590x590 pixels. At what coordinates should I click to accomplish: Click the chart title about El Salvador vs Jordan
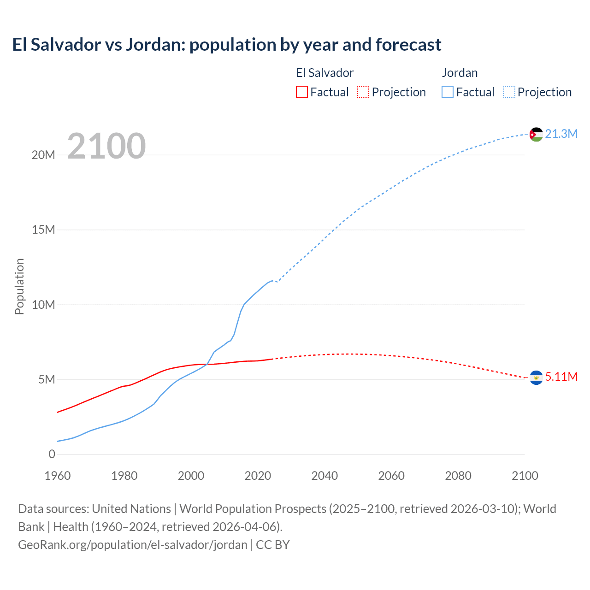(227, 45)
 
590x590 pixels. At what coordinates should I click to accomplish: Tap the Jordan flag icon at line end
(536, 134)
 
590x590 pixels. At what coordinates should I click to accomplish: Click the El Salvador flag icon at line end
(536, 378)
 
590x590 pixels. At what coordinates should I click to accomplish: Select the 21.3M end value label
(561, 134)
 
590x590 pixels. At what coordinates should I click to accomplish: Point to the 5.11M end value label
(561, 377)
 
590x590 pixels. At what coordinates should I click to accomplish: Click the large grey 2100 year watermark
(106, 146)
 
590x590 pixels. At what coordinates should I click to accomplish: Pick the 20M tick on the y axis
(43, 155)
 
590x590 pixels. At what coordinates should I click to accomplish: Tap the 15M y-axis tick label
(43, 230)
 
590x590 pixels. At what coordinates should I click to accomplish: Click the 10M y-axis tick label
(43, 305)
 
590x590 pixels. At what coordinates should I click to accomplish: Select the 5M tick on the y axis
(47, 379)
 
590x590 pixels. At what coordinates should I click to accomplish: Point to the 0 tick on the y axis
(52, 454)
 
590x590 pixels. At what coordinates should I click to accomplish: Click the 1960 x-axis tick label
(58, 476)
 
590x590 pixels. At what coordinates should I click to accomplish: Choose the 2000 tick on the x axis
(191, 476)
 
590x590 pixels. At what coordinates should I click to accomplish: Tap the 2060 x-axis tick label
(391, 476)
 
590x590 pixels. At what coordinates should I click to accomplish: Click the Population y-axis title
(19, 286)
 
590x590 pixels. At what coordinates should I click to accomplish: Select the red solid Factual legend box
(302, 92)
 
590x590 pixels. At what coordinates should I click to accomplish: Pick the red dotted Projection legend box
(363, 92)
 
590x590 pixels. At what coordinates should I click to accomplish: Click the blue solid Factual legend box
(448, 92)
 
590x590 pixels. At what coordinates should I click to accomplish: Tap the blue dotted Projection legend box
(509, 92)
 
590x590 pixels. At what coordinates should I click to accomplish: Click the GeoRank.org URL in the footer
(133, 545)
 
